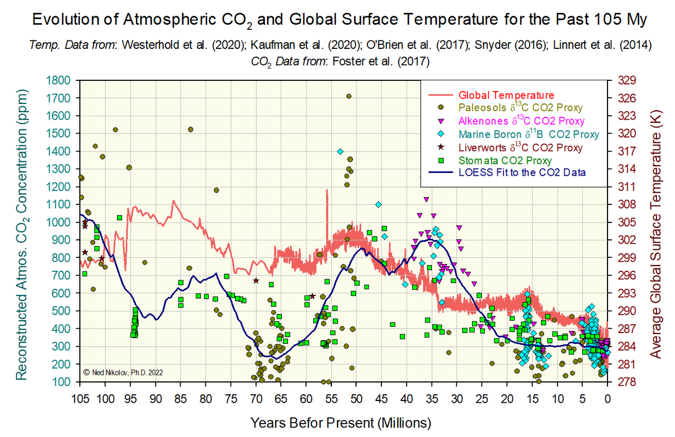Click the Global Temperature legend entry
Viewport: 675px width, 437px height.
[506, 95]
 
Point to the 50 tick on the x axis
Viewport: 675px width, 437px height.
[356, 399]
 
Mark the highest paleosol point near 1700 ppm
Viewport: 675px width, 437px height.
[349, 96]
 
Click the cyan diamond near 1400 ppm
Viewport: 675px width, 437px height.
[340, 152]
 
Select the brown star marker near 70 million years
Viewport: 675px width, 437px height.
[256, 281]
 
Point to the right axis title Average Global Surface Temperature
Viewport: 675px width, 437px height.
[656, 231]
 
